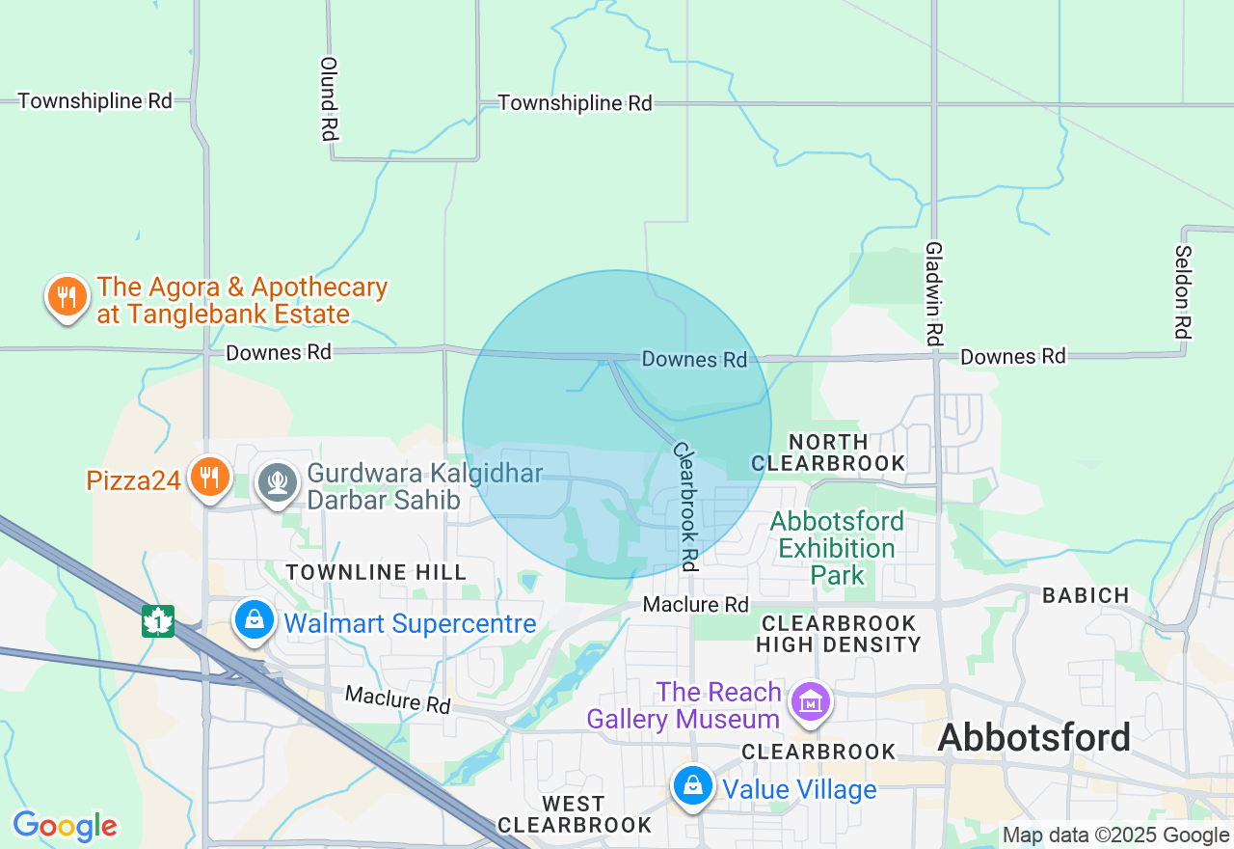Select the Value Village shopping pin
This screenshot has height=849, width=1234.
pos(693,786)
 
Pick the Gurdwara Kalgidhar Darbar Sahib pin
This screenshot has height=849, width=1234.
pos(278,480)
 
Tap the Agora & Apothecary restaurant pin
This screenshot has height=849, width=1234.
pos(67,296)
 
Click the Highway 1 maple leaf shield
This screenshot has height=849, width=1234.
pos(157,620)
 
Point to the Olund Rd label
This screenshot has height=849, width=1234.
pos(329,98)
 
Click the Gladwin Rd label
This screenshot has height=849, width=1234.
pos(933,294)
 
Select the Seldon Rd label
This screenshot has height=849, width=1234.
pos(1183,290)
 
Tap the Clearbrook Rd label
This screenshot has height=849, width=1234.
pos(685,507)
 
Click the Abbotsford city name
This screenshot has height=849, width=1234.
pos(1033,738)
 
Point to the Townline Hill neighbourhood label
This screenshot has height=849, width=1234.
pos(376,572)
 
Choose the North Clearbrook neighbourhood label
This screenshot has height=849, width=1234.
pos(828,451)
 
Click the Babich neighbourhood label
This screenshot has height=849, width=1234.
pos(1086,595)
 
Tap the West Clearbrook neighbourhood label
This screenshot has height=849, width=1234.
pos(574,814)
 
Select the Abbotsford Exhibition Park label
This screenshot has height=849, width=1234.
pos(837,548)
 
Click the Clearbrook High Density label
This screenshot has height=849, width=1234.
pos(838,633)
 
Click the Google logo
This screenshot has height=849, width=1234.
pos(66,826)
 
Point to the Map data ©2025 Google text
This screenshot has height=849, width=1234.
pos(1115,835)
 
